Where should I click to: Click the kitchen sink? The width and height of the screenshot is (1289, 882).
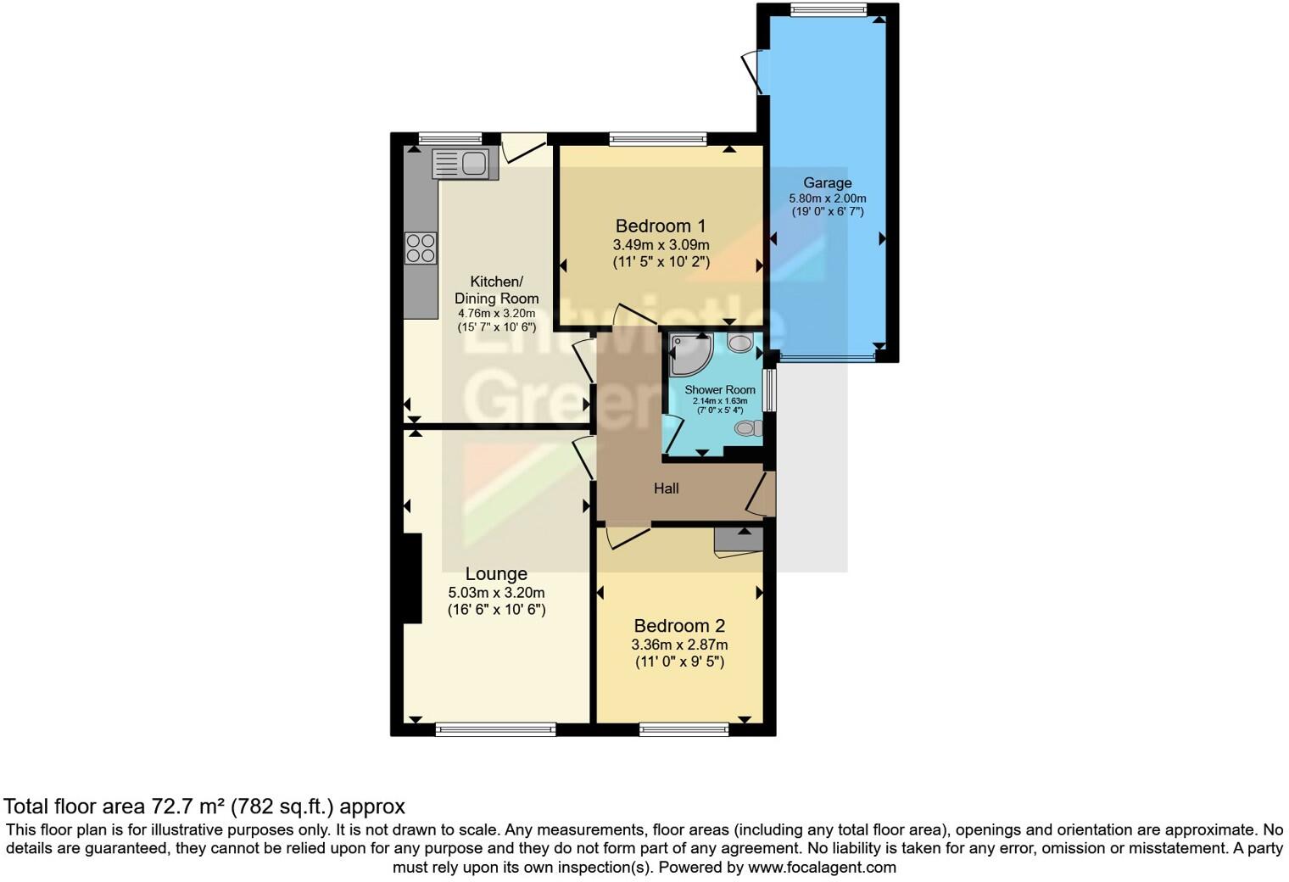click(x=460, y=163)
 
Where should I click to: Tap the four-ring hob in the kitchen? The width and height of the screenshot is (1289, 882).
click(x=421, y=248)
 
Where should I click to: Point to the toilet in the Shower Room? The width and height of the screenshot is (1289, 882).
click(x=747, y=428)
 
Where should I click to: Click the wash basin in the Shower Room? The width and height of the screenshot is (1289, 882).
click(x=740, y=343)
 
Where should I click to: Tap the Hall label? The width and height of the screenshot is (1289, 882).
click(x=666, y=488)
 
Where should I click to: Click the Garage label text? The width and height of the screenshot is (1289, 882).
click(x=827, y=182)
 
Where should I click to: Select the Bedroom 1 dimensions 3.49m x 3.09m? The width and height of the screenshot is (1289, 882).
click(x=661, y=244)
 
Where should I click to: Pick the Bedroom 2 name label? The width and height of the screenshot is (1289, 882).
click(x=679, y=626)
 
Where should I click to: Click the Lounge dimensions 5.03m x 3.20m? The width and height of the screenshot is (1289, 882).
click(x=496, y=593)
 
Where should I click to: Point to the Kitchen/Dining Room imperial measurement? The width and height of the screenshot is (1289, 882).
click(x=496, y=327)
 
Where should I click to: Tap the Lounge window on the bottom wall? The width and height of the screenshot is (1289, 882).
click(x=496, y=728)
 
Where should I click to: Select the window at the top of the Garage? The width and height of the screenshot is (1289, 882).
click(x=828, y=10)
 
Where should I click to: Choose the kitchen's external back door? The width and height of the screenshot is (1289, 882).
click(x=523, y=148)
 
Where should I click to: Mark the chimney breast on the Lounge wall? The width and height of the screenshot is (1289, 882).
click(x=413, y=578)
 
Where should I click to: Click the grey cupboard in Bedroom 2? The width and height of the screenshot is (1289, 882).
click(x=738, y=542)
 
